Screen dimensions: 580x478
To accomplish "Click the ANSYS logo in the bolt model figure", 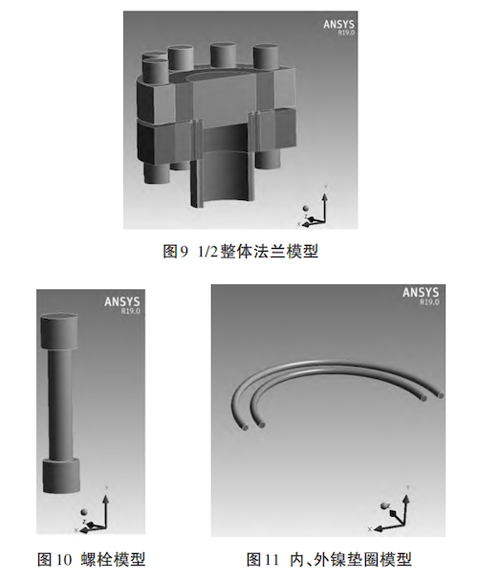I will tap(122, 301).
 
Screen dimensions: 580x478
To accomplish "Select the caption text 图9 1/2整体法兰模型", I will tap(239, 253).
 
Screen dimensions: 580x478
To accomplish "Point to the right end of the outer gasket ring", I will tap(441, 393).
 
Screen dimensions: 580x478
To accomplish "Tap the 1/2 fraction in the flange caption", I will tap(207, 253).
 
